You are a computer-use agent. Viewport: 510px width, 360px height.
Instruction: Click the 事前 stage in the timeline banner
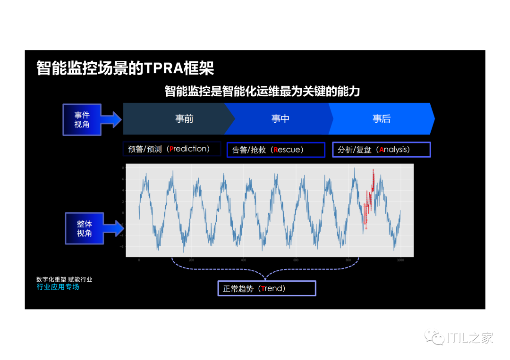click(x=184, y=119)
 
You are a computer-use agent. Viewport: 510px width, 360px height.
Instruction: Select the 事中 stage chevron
click(x=280, y=119)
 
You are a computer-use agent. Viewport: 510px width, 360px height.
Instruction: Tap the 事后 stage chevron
click(x=382, y=119)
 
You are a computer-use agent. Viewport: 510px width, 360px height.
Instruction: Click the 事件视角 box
click(x=82, y=119)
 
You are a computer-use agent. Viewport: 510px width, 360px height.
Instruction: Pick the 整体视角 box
click(x=84, y=228)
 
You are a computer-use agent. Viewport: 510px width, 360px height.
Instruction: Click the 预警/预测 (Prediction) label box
click(x=172, y=149)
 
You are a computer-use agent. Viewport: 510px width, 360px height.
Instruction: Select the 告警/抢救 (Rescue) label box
click(x=276, y=150)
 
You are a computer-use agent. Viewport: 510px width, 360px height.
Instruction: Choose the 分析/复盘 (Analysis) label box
click(x=382, y=150)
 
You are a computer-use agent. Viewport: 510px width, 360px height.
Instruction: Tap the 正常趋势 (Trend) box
click(x=266, y=288)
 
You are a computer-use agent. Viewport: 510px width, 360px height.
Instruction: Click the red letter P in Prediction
click(x=171, y=149)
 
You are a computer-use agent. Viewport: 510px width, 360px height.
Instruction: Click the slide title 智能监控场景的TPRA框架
click(x=125, y=68)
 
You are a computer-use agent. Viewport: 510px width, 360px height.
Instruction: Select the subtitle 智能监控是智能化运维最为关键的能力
click(x=262, y=91)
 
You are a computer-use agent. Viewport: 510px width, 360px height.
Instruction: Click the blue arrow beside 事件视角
click(x=111, y=119)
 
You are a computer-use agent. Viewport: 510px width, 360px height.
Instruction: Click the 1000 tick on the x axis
click(x=400, y=260)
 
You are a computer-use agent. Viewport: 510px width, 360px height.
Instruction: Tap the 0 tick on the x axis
click(x=139, y=260)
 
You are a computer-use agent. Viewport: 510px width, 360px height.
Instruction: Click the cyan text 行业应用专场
click(x=58, y=287)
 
